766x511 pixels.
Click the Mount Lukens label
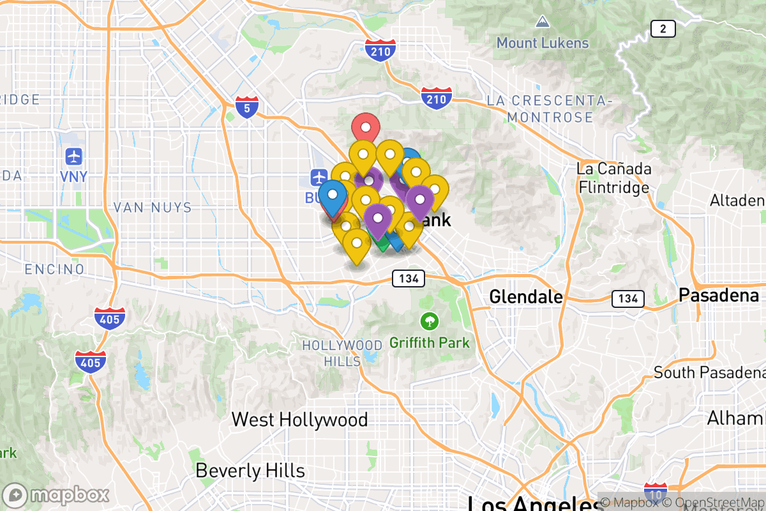click(x=543, y=43)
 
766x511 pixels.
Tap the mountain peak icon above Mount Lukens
click(x=543, y=22)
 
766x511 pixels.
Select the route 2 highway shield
click(x=663, y=29)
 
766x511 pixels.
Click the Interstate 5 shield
click(x=246, y=107)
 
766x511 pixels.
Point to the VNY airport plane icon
click(x=75, y=156)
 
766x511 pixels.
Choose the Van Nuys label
click(x=152, y=207)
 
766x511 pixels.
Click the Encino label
click(x=54, y=269)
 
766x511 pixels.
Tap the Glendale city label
click(x=526, y=297)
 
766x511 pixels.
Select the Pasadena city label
click(x=719, y=295)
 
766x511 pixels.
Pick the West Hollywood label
click(x=299, y=420)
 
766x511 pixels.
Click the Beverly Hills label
click(x=250, y=471)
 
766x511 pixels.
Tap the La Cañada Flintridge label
click(x=613, y=178)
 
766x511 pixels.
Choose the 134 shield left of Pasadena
click(x=627, y=298)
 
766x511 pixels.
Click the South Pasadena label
click(x=709, y=372)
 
